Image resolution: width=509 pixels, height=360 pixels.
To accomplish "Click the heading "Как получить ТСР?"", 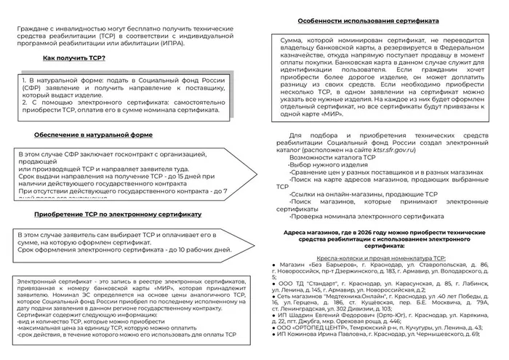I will tap(73, 57).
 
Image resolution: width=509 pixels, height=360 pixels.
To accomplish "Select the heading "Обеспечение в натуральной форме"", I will tap(93, 135).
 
